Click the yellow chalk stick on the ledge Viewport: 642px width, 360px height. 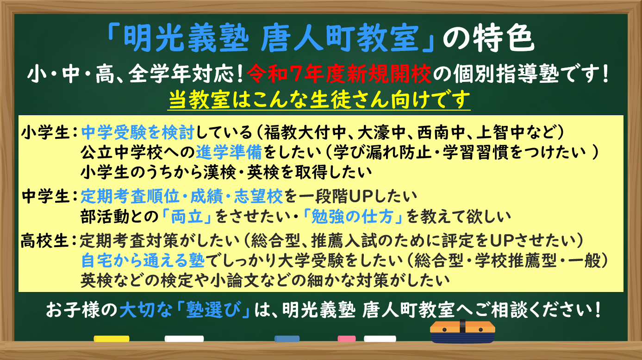[x=112, y=339]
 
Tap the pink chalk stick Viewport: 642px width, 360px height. [x=347, y=339]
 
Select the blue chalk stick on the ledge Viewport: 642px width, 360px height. [x=287, y=339]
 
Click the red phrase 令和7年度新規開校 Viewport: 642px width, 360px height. [x=339, y=74]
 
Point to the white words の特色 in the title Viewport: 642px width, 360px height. [x=488, y=38]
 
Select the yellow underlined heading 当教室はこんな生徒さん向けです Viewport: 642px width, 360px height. [x=319, y=100]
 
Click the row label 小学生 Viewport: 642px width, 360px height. [x=45, y=133]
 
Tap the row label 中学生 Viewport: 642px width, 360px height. [x=45, y=197]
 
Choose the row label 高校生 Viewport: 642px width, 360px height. [x=45, y=241]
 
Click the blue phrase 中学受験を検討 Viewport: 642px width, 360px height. [x=138, y=132]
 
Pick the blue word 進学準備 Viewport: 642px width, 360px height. [x=229, y=152]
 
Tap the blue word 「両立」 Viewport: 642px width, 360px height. [x=187, y=217]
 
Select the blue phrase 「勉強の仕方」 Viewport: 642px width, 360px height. [x=353, y=217]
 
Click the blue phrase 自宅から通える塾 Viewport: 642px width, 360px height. [x=143, y=261]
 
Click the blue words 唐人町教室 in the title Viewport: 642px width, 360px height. [x=340, y=38]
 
